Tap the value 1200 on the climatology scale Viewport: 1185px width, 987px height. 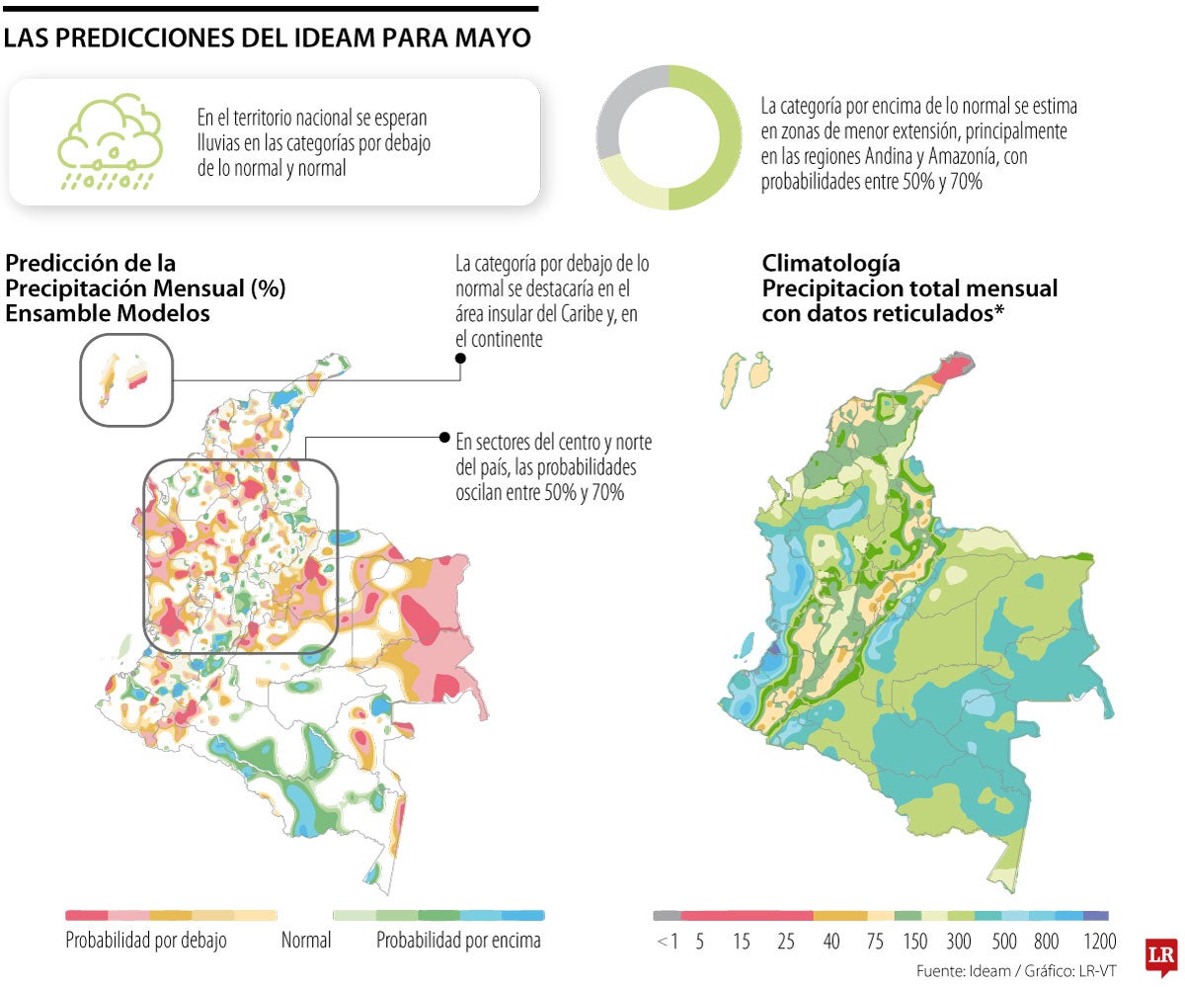(x=1099, y=942)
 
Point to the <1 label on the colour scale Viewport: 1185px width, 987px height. (x=668, y=942)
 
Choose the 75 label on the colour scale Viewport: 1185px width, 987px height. (x=875, y=942)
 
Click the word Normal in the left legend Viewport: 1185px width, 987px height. (x=306, y=940)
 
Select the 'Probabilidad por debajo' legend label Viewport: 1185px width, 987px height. (x=146, y=940)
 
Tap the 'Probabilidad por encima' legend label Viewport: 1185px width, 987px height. (x=458, y=940)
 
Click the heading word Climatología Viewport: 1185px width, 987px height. (x=830, y=264)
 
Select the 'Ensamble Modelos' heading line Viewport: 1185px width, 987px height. (x=108, y=313)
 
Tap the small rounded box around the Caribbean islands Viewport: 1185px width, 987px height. (x=127, y=380)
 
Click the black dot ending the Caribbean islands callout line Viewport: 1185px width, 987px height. (x=459, y=358)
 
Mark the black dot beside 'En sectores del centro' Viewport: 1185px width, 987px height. (x=444, y=437)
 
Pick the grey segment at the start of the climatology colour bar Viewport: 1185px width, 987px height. (x=667, y=916)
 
